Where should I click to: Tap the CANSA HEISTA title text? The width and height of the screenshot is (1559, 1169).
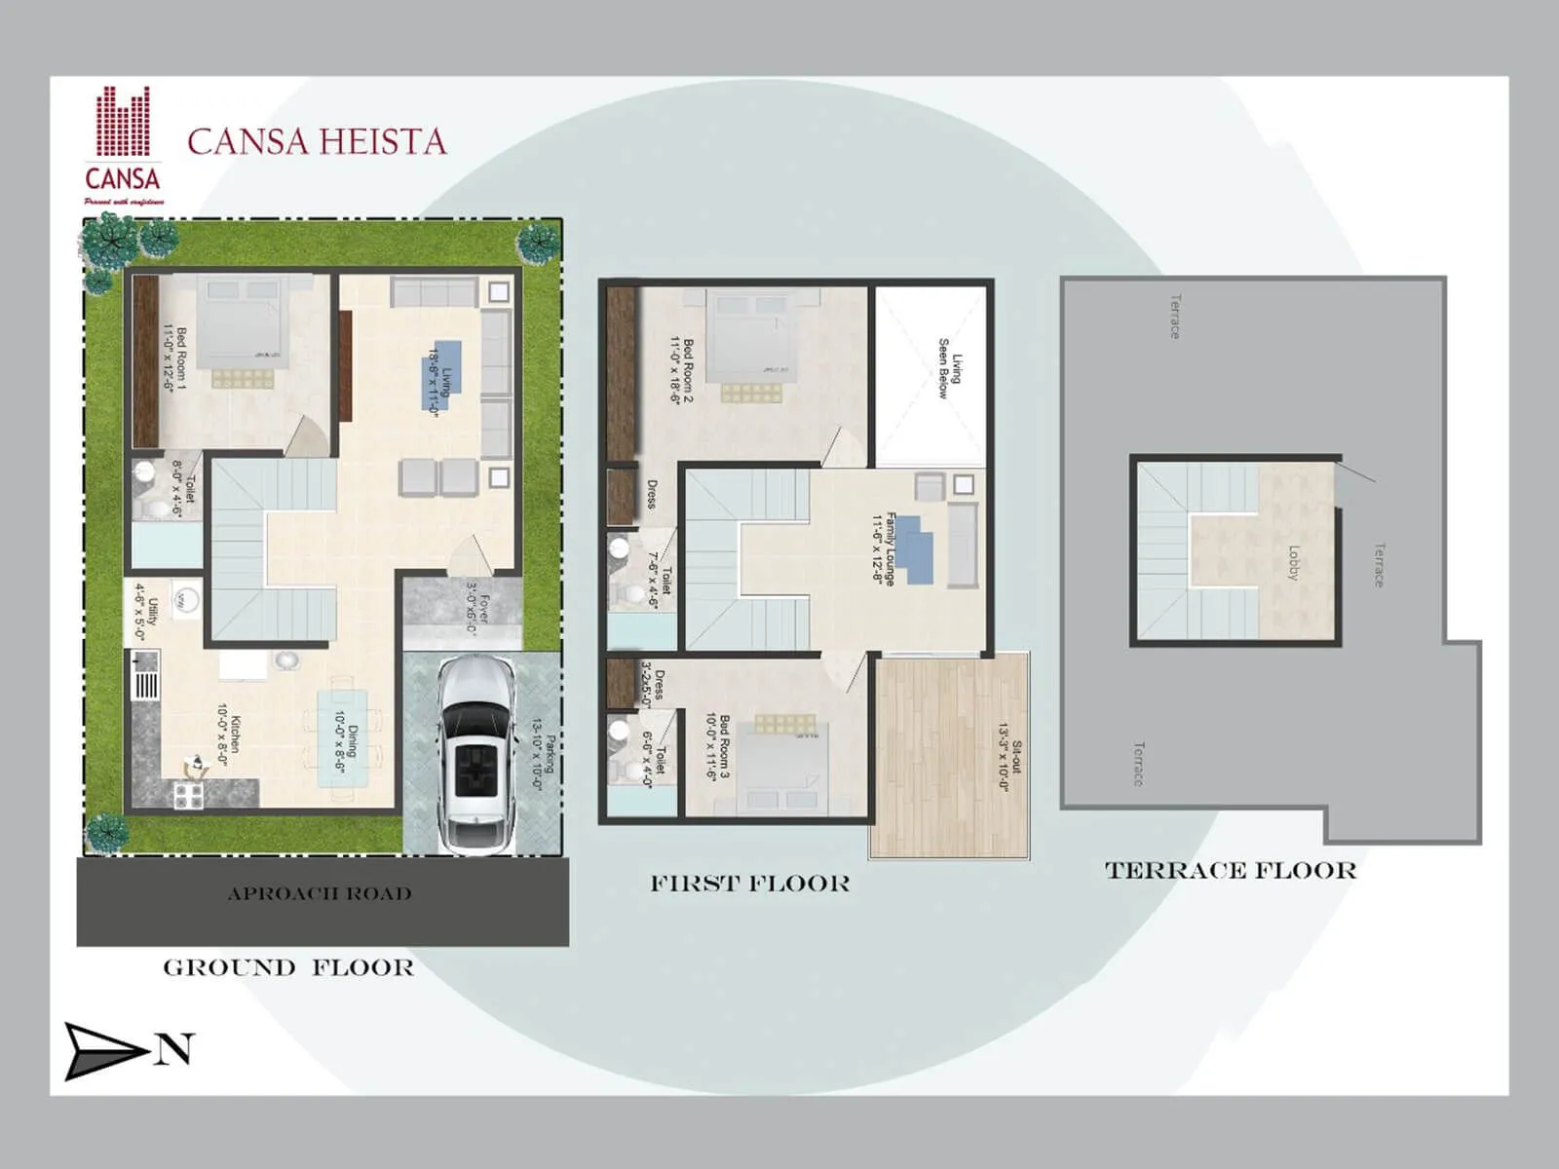pyautogui.click(x=317, y=142)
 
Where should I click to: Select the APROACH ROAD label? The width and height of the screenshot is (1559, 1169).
pyautogui.click(x=320, y=893)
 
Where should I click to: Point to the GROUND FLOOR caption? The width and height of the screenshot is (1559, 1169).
pyautogui.click(x=288, y=967)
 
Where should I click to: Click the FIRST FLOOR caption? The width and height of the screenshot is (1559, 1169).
pyautogui.click(x=750, y=884)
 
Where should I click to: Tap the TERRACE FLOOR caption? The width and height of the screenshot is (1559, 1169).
pyautogui.click(x=1231, y=870)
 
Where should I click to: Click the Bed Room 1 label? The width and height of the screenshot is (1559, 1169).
pyautogui.click(x=174, y=358)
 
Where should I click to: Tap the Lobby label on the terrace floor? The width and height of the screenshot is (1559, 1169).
pyautogui.click(x=1294, y=563)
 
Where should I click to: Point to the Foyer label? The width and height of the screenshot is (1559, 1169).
pyautogui.click(x=476, y=610)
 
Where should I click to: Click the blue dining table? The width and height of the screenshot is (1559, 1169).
pyautogui.click(x=343, y=737)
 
